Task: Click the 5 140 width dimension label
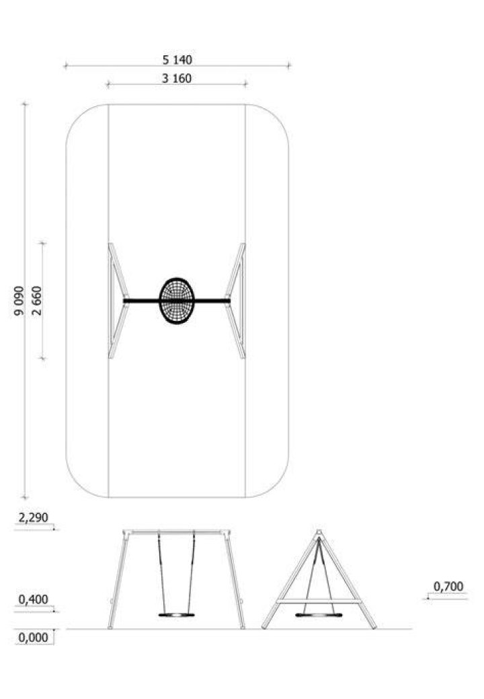point(177,59)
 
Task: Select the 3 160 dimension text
point(177,79)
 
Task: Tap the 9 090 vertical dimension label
point(19,301)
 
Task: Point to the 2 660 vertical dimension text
point(37,301)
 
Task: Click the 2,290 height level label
point(34,518)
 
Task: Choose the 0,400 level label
point(34,599)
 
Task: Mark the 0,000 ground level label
point(34,638)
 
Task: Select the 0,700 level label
point(448,587)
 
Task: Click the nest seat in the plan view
point(177,301)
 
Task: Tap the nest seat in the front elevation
point(177,615)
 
